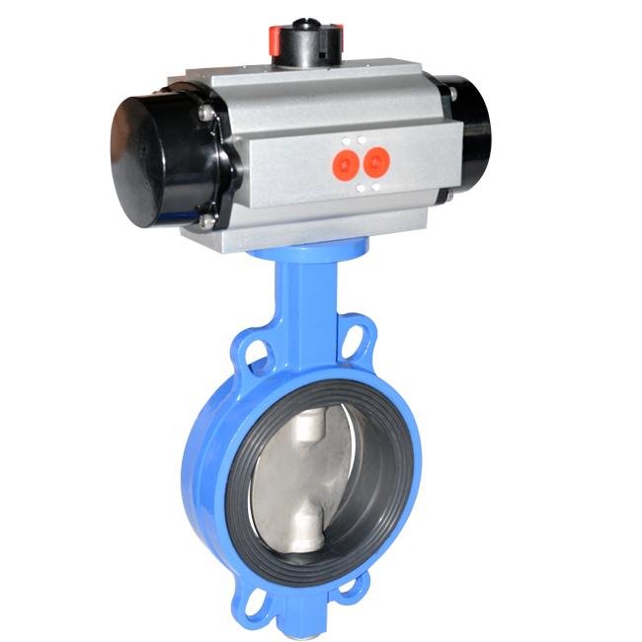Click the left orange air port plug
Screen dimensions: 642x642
click(x=345, y=162)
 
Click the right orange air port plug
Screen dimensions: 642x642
click(x=375, y=160)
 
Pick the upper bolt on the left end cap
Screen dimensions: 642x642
click(x=205, y=116)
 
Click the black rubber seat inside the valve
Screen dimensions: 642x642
click(x=375, y=494)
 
